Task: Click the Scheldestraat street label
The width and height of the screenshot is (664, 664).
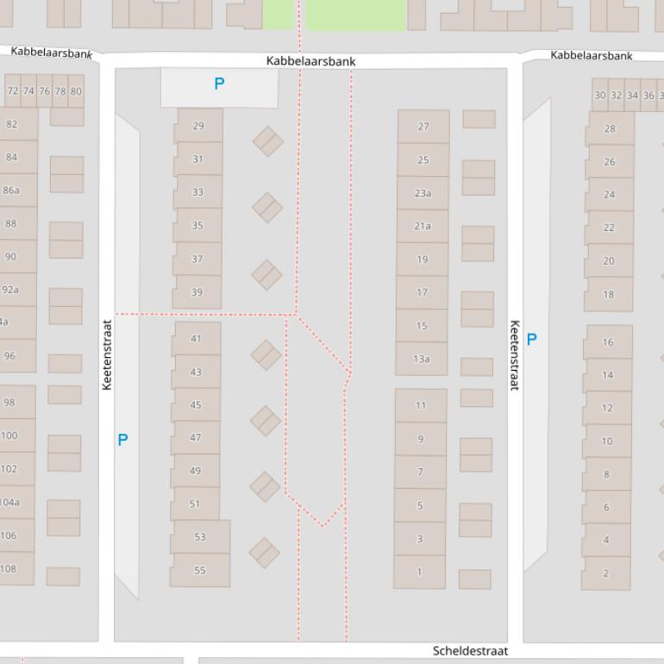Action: point(470,651)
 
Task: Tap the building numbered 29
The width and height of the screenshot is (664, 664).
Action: point(198,126)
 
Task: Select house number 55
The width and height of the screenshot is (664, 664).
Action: point(200,570)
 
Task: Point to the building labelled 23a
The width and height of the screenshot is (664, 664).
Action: point(423,193)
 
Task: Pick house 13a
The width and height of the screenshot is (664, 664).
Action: point(421,359)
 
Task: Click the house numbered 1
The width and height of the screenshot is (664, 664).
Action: point(420,572)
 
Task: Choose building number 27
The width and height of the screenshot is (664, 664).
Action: point(423,127)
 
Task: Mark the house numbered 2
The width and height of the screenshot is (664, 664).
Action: point(605,573)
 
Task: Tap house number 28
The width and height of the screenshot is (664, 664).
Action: point(610,128)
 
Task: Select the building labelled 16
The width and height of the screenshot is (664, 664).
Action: point(608,342)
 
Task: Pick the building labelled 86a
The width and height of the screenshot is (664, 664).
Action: point(11,190)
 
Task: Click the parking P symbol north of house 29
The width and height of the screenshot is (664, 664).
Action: point(219,84)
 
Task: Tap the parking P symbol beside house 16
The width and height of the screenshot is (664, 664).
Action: point(531,339)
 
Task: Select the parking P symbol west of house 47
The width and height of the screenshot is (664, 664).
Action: point(122,440)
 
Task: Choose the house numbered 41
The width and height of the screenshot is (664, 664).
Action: point(196,339)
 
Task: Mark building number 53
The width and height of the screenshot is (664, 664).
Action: point(200,536)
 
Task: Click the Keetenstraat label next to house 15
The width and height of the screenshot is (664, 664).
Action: point(515,355)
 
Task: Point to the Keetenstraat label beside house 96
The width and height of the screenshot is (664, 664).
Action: point(107,355)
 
